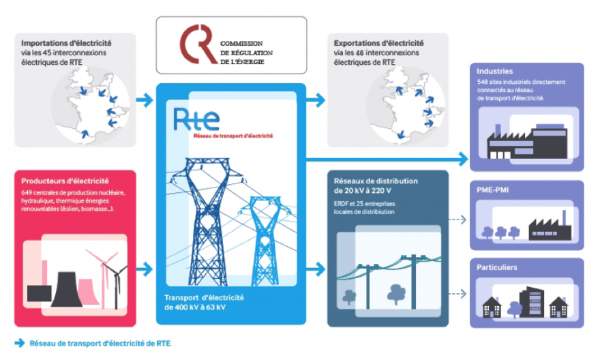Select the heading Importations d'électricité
pyautogui.click(x=66, y=43)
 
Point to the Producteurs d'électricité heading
pyautogui.click(x=65, y=181)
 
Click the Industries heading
pyautogui.click(x=495, y=71)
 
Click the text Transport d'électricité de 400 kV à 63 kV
pyautogui.click(x=204, y=302)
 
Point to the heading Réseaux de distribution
pyautogui.click(x=376, y=182)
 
